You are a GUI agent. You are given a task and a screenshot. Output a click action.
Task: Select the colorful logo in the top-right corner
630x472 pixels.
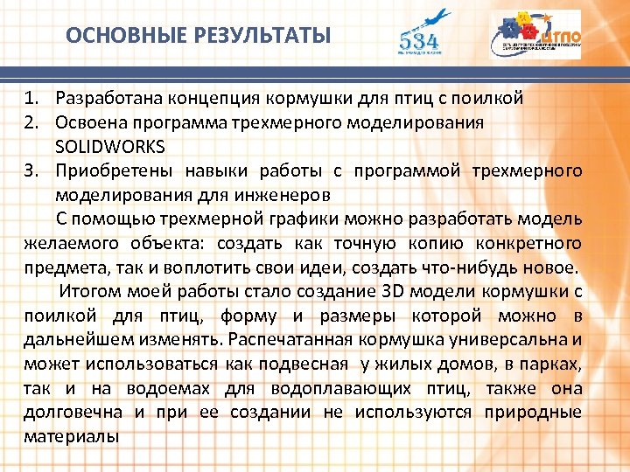(x=535, y=35)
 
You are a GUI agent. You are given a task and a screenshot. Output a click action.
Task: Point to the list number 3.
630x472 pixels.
(x=32, y=170)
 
